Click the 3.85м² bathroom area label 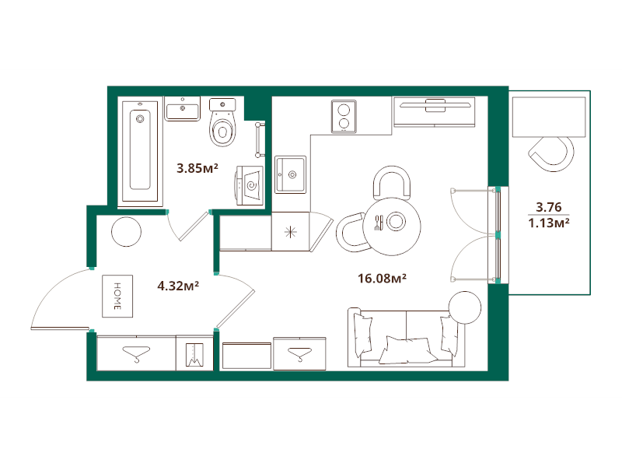tap(197, 167)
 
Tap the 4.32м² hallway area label tap(178, 286)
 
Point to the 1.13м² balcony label tap(549, 223)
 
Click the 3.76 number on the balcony tap(549, 207)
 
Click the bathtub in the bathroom tap(140, 150)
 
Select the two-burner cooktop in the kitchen tap(343, 117)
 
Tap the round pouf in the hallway tap(125, 231)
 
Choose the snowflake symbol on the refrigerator tap(289, 232)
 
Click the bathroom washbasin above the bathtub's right tap(183, 108)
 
